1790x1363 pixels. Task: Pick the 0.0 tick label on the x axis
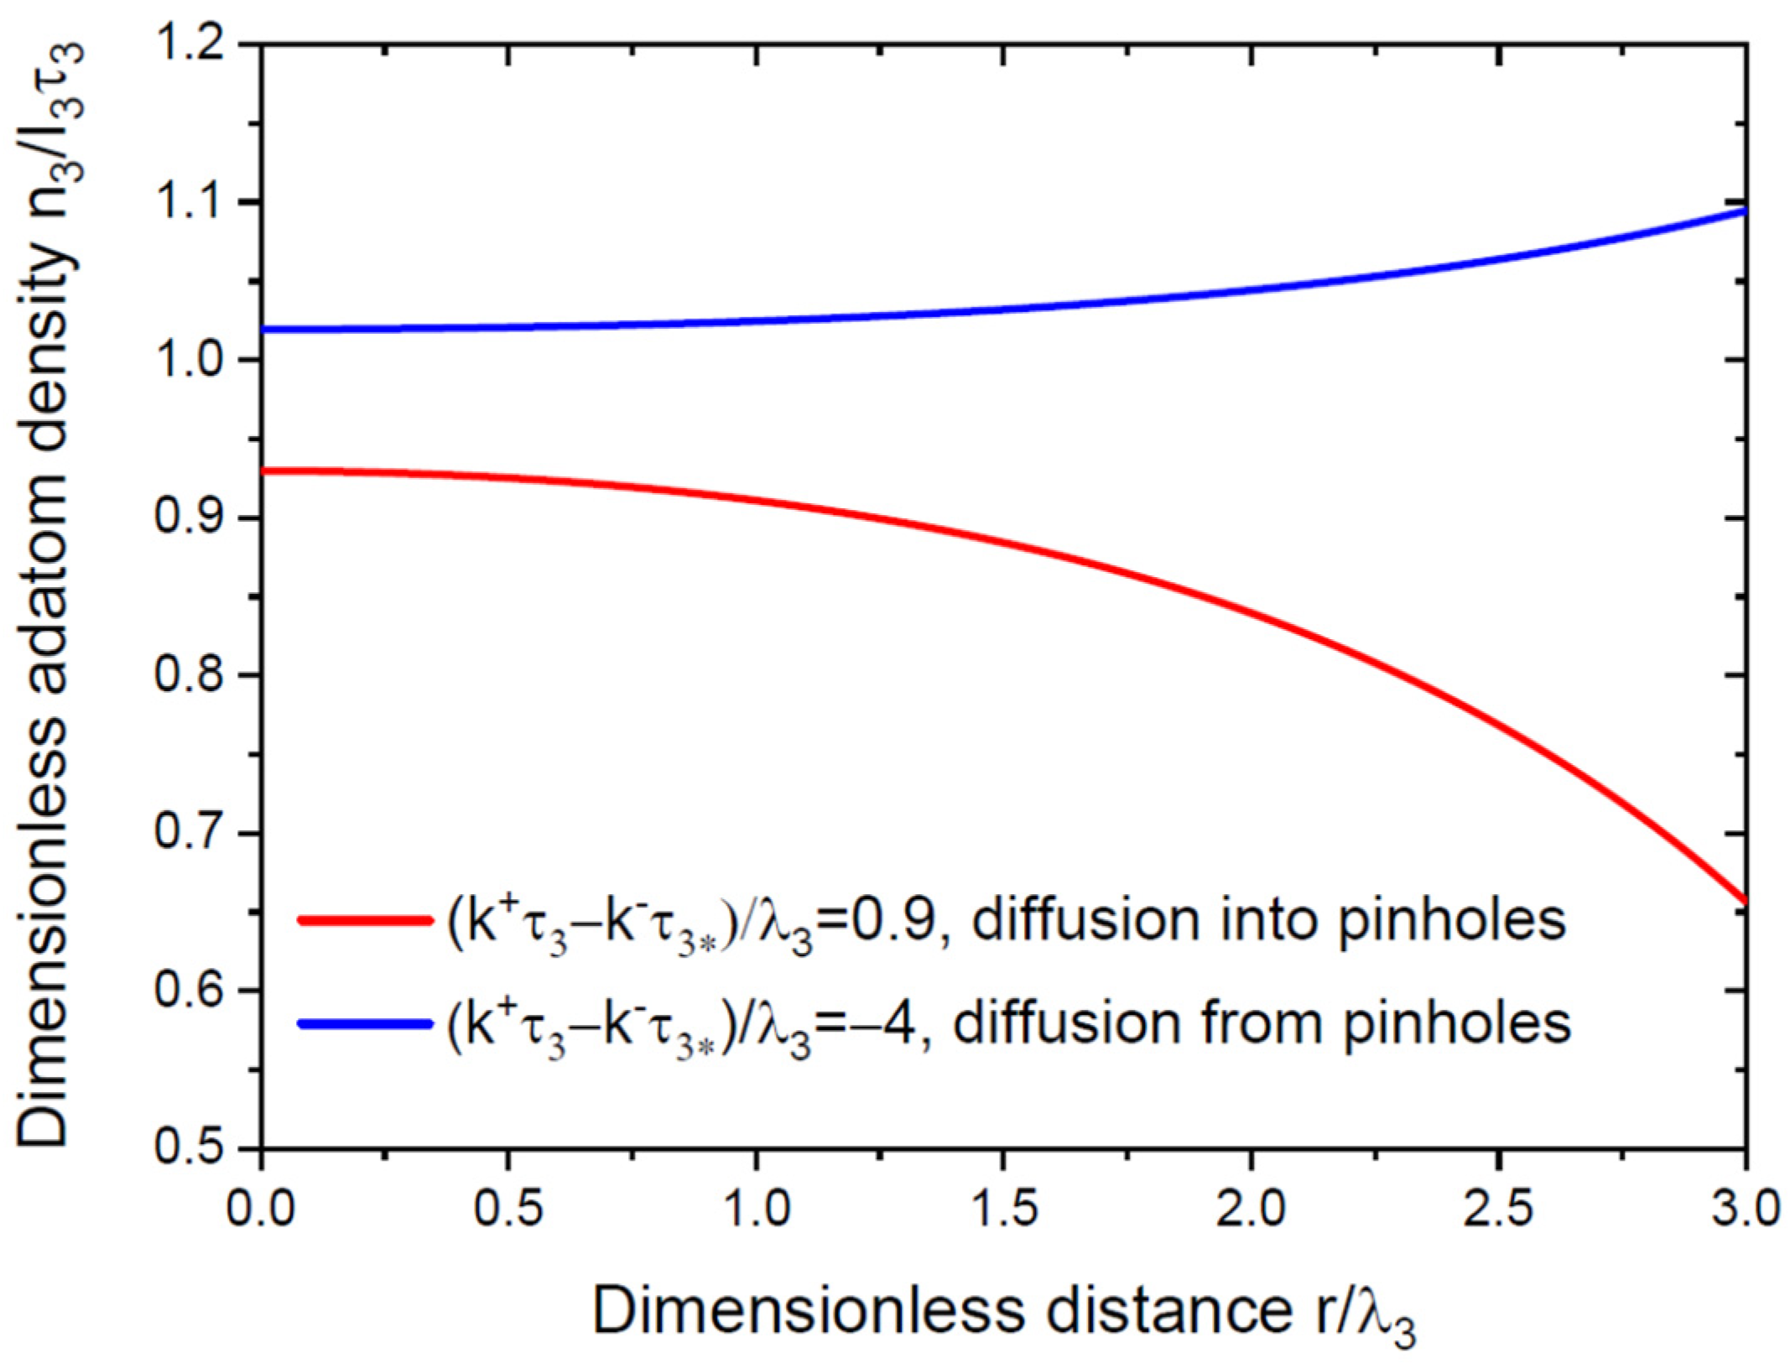tap(262, 1210)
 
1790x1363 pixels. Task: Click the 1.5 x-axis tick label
tap(1003, 1210)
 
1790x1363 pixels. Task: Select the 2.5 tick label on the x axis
tap(1498, 1210)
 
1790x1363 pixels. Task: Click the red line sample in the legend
tap(364, 920)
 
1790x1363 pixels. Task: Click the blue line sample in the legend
tap(364, 1023)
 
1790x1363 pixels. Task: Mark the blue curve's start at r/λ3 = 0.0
tap(263, 329)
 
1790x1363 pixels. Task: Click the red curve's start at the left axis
tap(263, 471)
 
